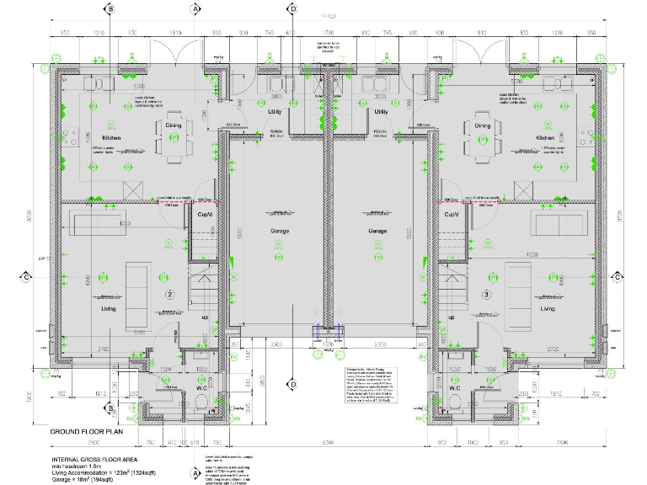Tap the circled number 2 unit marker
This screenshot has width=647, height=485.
(169, 294)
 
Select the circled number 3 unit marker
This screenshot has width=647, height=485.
(486, 294)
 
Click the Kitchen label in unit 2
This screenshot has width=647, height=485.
(113, 137)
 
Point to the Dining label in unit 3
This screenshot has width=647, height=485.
(483, 125)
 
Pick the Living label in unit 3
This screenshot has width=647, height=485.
(548, 309)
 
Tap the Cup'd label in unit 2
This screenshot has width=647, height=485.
(204, 214)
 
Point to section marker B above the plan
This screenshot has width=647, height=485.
(110, 8)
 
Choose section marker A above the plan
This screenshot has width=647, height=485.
(195, 8)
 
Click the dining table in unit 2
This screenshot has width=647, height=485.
(173, 135)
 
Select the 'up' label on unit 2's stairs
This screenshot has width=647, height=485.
(205, 317)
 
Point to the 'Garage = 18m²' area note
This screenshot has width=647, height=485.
(86, 477)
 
